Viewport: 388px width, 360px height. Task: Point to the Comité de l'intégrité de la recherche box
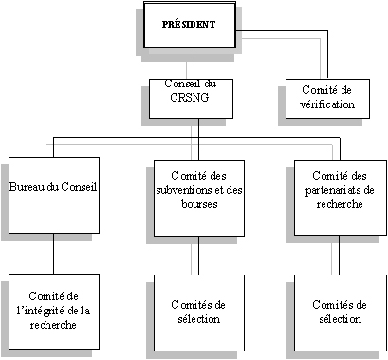coord(53,310)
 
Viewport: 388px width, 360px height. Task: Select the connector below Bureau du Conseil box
coord(53,254)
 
